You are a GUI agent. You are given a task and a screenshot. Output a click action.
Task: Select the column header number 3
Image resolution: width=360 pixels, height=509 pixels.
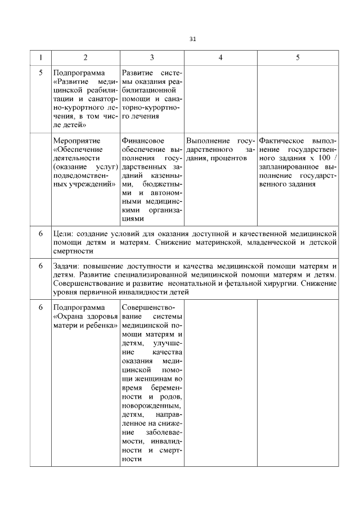pos(152,57)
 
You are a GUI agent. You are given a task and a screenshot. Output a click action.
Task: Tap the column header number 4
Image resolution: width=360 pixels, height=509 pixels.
pos(220,57)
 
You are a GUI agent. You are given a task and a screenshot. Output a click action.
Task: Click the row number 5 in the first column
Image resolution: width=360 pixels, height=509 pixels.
pos(40,73)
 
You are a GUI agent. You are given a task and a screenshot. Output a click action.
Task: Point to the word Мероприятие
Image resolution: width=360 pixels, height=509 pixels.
pos(76,140)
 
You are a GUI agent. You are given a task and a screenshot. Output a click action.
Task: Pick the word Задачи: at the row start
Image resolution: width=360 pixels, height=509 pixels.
pos(69,265)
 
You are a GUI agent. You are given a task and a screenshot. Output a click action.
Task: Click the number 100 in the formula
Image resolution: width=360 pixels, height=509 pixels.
pos(322,158)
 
